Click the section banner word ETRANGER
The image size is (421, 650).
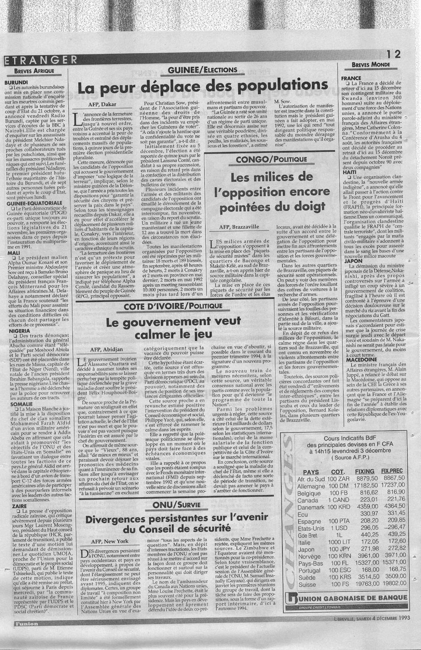click(x=41, y=60)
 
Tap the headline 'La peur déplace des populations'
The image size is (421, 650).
click(x=203, y=86)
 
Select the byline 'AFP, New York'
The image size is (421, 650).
click(x=110, y=541)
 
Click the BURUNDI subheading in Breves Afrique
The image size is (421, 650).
click(x=16, y=82)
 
